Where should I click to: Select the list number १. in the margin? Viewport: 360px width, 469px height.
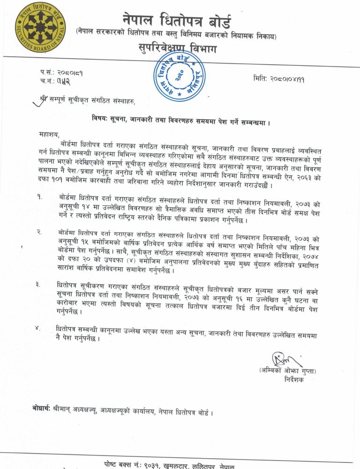pos(40,197)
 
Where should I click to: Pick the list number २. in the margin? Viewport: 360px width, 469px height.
pos(40,232)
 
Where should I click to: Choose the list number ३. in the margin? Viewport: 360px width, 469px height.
pos(40,284)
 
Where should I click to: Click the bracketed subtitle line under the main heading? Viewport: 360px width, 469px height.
pos(177,35)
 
